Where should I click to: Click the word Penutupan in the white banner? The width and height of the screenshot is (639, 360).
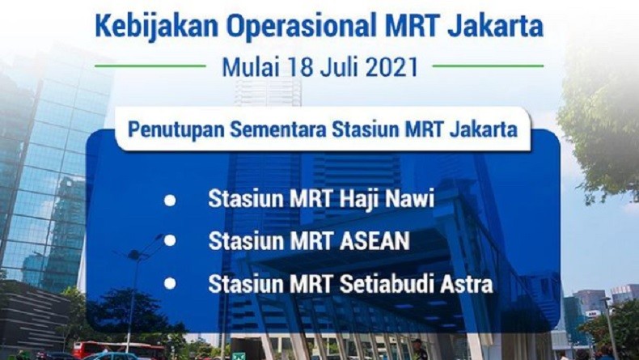[169, 129]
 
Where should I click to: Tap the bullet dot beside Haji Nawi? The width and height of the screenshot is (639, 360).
[170, 199]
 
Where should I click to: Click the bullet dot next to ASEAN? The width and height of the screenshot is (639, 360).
[170, 240]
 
